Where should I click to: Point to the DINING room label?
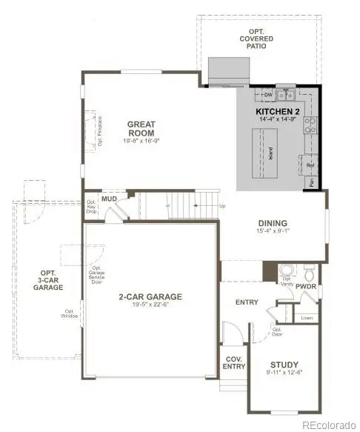(273, 223)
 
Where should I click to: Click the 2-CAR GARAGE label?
(151, 297)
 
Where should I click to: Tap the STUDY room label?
(284, 364)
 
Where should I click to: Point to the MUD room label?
(110, 199)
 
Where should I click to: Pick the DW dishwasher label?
(267, 96)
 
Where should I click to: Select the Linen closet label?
(306, 317)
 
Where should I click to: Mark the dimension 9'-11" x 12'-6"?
(284, 373)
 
